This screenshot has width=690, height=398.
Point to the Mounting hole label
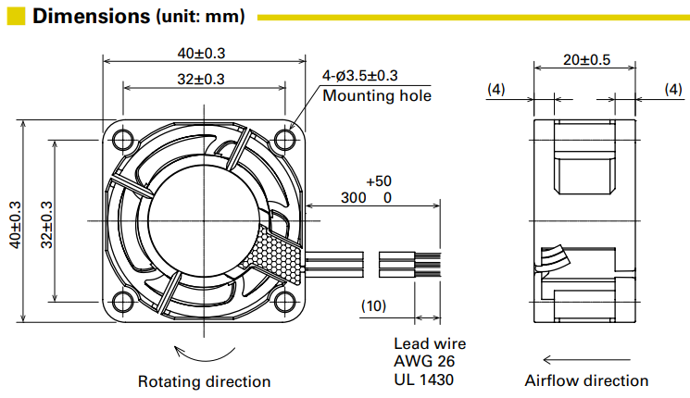377,95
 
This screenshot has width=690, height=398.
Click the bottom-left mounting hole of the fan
121,301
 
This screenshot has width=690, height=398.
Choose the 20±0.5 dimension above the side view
586,60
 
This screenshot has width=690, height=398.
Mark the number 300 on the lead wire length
353,198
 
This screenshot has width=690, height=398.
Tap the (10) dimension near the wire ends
373,305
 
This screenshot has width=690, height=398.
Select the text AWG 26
425,361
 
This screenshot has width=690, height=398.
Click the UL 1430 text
425,379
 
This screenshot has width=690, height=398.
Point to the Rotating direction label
204,381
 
